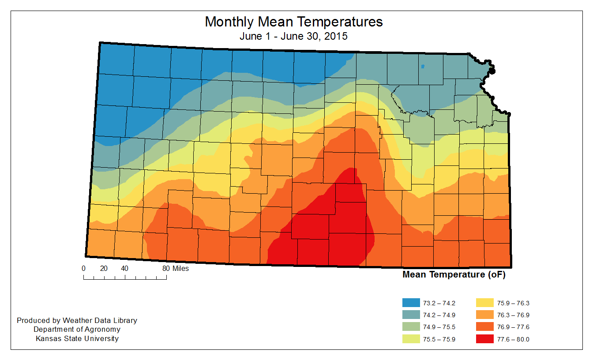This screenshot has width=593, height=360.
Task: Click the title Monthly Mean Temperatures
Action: (x=293, y=22)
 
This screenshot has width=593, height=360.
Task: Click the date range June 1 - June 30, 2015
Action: (x=293, y=36)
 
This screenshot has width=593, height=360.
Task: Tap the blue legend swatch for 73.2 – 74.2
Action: (x=411, y=303)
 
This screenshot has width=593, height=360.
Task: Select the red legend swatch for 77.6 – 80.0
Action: (x=485, y=339)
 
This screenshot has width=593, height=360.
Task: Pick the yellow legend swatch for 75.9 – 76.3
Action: (x=485, y=303)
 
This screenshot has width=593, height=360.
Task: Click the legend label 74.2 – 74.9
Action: (x=439, y=315)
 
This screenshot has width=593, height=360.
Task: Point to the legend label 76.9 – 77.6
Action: (x=513, y=327)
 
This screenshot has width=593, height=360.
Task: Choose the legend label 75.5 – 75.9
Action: (x=439, y=339)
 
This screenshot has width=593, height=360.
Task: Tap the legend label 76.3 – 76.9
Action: (x=513, y=315)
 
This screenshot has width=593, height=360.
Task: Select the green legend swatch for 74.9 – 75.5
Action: (x=411, y=327)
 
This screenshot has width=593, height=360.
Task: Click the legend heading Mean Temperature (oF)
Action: (x=454, y=275)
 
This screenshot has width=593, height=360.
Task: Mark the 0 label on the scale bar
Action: (x=83, y=268)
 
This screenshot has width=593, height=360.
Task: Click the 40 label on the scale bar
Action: (x=124, y=268)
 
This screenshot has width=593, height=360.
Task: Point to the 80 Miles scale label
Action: (x=175, y=268)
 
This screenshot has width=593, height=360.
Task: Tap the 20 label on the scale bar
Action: (x=104, y=268)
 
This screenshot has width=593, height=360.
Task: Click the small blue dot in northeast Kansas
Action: (x=423, y=67)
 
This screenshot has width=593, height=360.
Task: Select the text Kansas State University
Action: (x=77, y=338)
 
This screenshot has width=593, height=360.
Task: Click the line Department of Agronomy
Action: (x=77, y=329)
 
